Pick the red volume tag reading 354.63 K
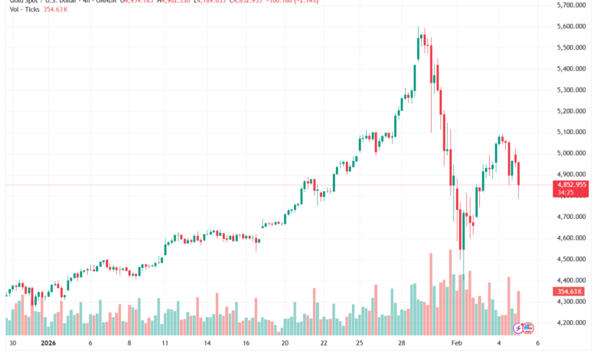click(x=570, y=291)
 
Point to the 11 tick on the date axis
click(x=165, y=345)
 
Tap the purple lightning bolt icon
click(x=518, y=328)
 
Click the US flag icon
click(x=528, y=328)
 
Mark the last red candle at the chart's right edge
click(x=520, y=174)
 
